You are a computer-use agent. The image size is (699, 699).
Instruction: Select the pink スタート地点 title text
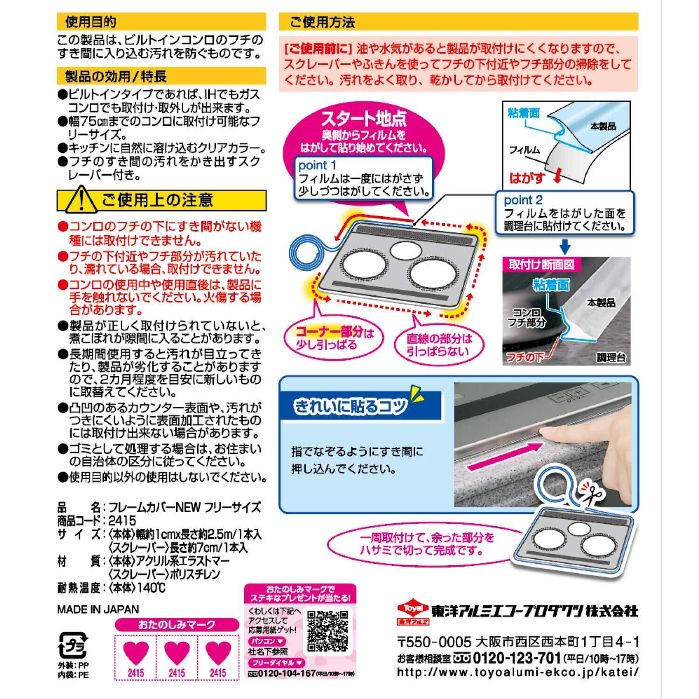[363, 120]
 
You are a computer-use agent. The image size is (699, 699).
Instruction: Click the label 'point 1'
[317, 165]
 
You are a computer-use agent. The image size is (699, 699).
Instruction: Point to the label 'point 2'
[523, 200]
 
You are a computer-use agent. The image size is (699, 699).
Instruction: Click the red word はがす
[527, 178]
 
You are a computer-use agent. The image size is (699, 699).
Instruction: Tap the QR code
[328, 630]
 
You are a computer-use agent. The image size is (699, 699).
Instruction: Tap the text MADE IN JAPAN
[98, 609]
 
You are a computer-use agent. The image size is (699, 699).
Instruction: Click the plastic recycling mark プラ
[71, 646]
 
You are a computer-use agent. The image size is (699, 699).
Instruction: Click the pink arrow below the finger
[503, 455]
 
